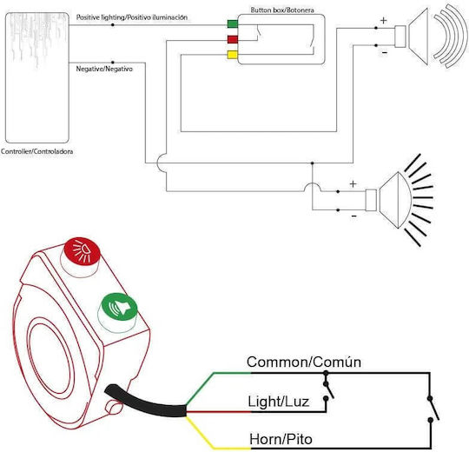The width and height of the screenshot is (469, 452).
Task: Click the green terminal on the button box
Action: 233,23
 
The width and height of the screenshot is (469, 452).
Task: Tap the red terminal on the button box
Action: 233,39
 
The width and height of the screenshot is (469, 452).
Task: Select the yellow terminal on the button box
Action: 233,55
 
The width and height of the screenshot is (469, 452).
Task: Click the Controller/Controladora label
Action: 36,151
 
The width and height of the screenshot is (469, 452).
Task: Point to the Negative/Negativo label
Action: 104,69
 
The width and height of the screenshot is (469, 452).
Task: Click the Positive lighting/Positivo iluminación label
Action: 132,17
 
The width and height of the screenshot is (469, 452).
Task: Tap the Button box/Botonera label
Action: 282,10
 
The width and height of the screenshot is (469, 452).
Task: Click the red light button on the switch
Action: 82,250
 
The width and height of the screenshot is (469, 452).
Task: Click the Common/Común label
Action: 304,362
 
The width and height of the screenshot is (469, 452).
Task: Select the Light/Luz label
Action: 278,402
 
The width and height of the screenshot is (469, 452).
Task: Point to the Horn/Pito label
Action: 281,440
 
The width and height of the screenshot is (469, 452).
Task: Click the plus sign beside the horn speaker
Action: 384,20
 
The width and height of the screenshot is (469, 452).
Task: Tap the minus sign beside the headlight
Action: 354,216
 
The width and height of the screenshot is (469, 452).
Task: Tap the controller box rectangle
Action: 37,77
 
